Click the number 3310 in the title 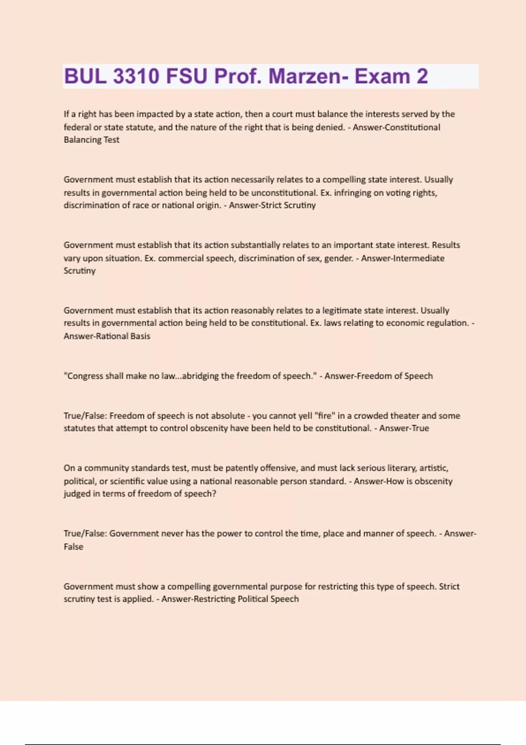pos(136,76)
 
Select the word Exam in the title pos(382,76)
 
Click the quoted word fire pos(325,415)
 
